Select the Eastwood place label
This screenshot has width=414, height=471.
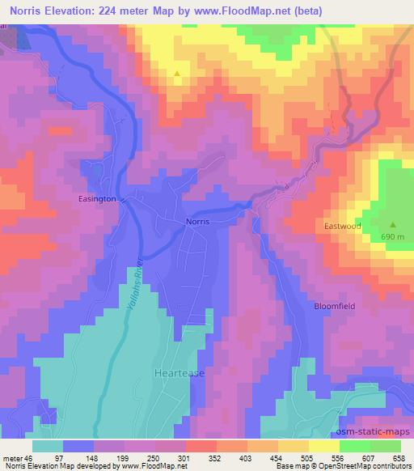(x=341, y=227)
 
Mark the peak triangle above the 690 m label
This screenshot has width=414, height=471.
(x=393, y=224)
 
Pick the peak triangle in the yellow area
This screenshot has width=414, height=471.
(x=177, y=74)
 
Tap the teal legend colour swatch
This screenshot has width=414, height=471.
(x=48, y=446)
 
